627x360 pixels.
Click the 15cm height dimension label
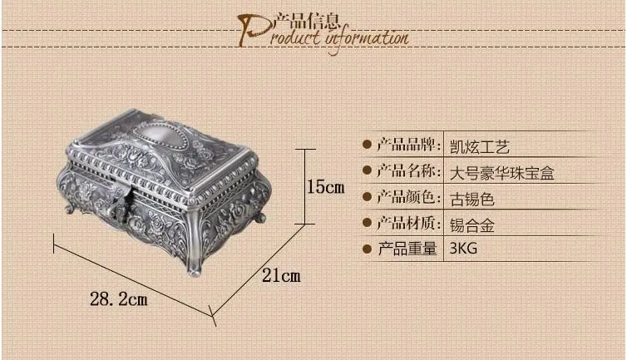pyautogui.click(x=325, y=187)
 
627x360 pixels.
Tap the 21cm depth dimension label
pyautogui.click(x=281, y=275)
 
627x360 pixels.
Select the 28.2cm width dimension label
pyautogui.click(x=119, y=299)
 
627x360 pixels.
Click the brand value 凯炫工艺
pyautogui.click(x=480, y=147)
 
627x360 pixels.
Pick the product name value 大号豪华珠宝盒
pyautogui.click(x=501, y=173)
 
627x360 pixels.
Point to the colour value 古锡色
pyautogui.click(x=472, y=199)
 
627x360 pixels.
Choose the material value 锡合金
pyautogui.click(x=472, y=224)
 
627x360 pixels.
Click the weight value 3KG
pyautogui.click(x=463, y=249)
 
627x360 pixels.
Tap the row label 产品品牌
pyautogui.click(x=408, y=145)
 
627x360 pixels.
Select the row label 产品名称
pyautogui.click(x=408, y=170)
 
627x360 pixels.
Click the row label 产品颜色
pyautogui.click(x=408, y=196)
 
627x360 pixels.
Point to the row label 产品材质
pyautogui.click(x=408, y=223)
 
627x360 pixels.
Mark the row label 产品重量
pyautogui.click(x=407, y=249)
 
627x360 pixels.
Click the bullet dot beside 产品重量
pyautogui.click(x=367, y=249)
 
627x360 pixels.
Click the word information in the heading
pyautogui.click(x=367, y=38)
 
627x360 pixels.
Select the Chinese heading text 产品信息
pyautogui.click(x=307, y=21)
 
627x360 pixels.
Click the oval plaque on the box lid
pyautogui.click(x=160, y=134)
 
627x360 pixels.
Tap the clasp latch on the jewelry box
pyautogui.click(x=120, y=203)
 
